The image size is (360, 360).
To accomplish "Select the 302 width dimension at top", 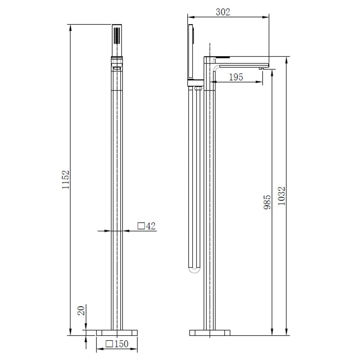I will point(223,12).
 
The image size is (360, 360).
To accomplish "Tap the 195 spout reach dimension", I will point(236,77).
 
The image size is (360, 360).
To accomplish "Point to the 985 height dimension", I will point(267,202).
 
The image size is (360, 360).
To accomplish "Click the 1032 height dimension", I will point(282,196).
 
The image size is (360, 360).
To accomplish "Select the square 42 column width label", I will point(147,226).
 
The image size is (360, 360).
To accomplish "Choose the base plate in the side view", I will point(210,332).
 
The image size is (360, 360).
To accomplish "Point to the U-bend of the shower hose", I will point(194,270).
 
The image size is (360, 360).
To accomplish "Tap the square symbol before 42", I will point(141,226).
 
